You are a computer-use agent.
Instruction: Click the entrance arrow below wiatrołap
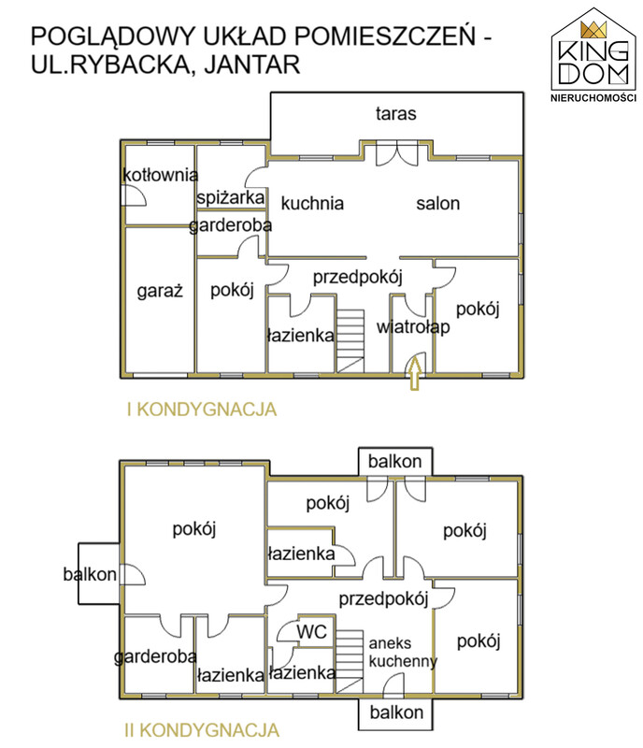(x=415, y=373)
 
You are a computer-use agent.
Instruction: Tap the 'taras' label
(x=396, y=113)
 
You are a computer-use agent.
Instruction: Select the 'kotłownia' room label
(x=160, y=175)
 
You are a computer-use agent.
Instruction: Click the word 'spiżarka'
(x=231, y=197)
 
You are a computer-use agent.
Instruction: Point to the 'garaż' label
(x=160, y=291)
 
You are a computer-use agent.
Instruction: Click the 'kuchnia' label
(x=312, y=203)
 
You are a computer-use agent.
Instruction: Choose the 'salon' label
(x=438, y=204)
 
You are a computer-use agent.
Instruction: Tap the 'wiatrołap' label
(x=413, y=327)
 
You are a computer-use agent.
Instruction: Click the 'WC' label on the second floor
(x=311, y=632)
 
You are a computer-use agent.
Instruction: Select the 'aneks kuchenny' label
(x=403, y=652)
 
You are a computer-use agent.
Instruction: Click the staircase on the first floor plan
(x=350, y=341)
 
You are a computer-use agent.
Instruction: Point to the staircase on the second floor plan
(x=350, y=661)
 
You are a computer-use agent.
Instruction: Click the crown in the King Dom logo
(x=593, y=30)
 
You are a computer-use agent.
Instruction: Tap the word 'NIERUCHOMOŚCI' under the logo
(x=593, y=98)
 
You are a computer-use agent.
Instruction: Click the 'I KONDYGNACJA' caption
(x=202, y=410)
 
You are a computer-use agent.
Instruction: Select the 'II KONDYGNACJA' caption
(x=202, y=730)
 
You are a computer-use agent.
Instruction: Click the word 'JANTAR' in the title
(x=252, y=65)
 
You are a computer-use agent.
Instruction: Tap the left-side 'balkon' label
(x=90, y=574)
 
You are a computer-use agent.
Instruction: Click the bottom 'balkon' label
(x=396, y=712)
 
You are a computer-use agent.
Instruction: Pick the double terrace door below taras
(x=397, y=153)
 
